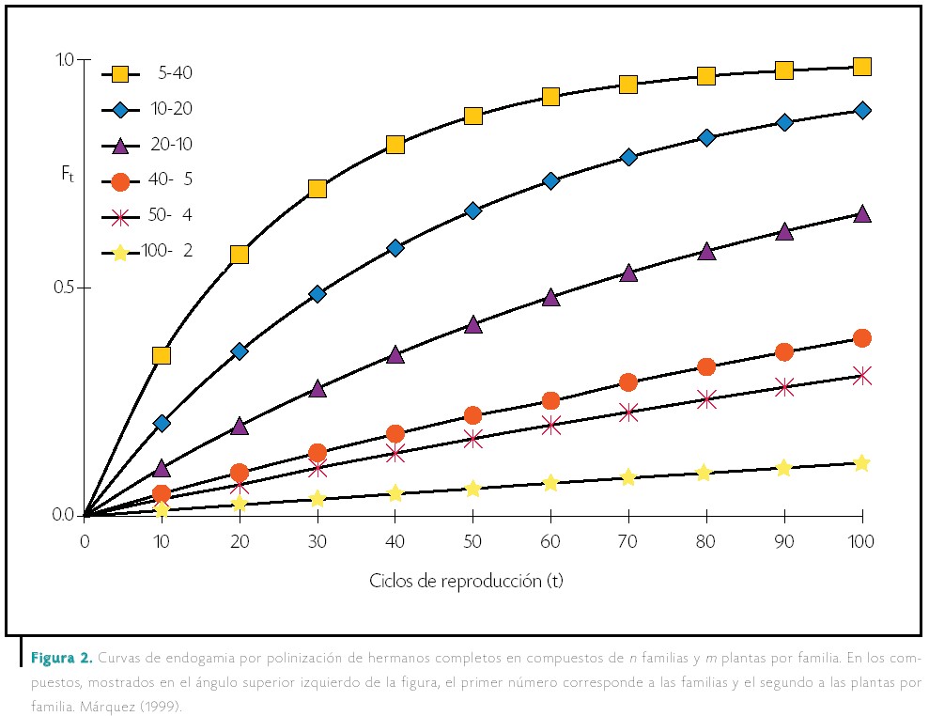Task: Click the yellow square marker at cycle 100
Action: click(861, 66)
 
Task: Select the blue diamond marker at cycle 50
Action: click(472, 210)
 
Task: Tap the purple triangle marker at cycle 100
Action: click(861, 213)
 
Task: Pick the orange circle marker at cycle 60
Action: click(550, 401)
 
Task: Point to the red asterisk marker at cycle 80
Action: click(706, 399)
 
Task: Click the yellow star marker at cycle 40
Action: click(395, 493)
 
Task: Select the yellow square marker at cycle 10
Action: click(162, 355)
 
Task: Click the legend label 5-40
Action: click(175, 73)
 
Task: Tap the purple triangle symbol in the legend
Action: click(120, 145)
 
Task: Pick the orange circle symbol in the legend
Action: click(120, 180)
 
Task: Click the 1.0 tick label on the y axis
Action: click(65, 60)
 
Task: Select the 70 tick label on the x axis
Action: click(628, 541)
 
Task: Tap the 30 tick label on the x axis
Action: click(317, 541)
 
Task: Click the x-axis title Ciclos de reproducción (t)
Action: click(466, 580)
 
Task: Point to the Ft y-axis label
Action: click(65, 174)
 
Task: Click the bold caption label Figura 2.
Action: click(61, 656)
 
